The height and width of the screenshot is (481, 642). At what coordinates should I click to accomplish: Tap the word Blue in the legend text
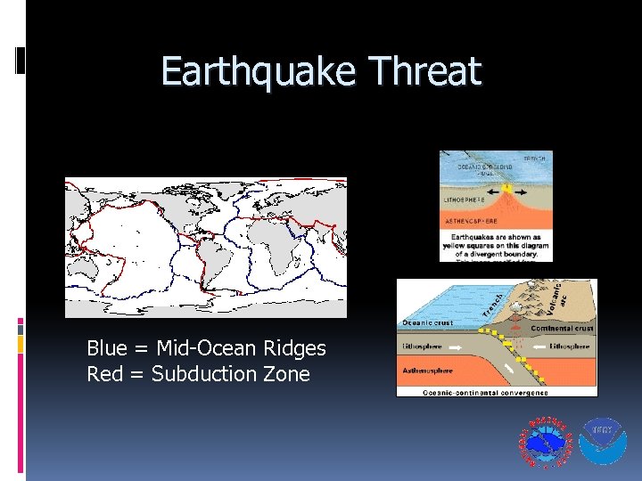pyautogui.click(x=107, y=348)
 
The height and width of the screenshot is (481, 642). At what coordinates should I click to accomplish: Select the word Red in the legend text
pyautogui.click(x=103, y=374)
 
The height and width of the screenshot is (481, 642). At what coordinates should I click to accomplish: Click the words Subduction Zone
pyautogui.click(x=231, y=374)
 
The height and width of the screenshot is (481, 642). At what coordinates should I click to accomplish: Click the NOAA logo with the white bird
pyautogui.click(x=604, y=440)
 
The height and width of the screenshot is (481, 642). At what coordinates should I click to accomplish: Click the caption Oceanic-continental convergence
pyautogui.click(x=497, y=390)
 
